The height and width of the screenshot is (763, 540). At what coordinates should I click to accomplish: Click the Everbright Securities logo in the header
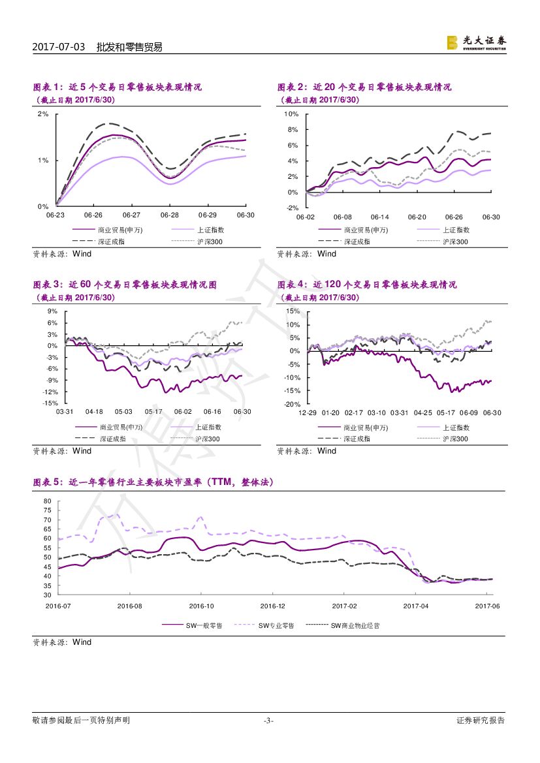476,42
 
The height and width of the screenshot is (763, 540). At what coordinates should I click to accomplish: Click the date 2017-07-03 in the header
59,47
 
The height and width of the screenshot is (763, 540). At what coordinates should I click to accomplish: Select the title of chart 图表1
118,87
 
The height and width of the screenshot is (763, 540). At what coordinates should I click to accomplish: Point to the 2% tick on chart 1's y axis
44,114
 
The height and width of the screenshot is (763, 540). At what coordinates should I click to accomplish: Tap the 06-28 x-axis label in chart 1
170,215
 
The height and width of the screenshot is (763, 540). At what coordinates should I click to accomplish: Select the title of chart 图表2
364,87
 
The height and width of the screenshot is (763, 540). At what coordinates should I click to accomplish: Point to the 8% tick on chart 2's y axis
292,129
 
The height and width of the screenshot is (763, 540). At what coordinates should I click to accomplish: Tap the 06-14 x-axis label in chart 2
379,217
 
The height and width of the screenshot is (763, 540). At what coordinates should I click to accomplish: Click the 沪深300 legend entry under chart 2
455,241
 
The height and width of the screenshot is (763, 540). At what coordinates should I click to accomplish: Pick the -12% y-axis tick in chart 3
50,392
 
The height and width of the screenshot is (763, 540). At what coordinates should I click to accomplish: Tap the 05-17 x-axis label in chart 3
153,412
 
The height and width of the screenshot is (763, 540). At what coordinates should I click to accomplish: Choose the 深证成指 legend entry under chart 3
114,439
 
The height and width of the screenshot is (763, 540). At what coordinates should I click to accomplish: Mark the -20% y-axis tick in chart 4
292,404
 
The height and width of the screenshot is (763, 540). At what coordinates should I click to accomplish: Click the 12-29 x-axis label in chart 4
308,413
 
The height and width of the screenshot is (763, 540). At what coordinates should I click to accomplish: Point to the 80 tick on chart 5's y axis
47,501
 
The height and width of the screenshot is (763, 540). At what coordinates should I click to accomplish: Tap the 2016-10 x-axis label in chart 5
202,606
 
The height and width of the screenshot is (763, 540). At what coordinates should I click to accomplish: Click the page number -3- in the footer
268,721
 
